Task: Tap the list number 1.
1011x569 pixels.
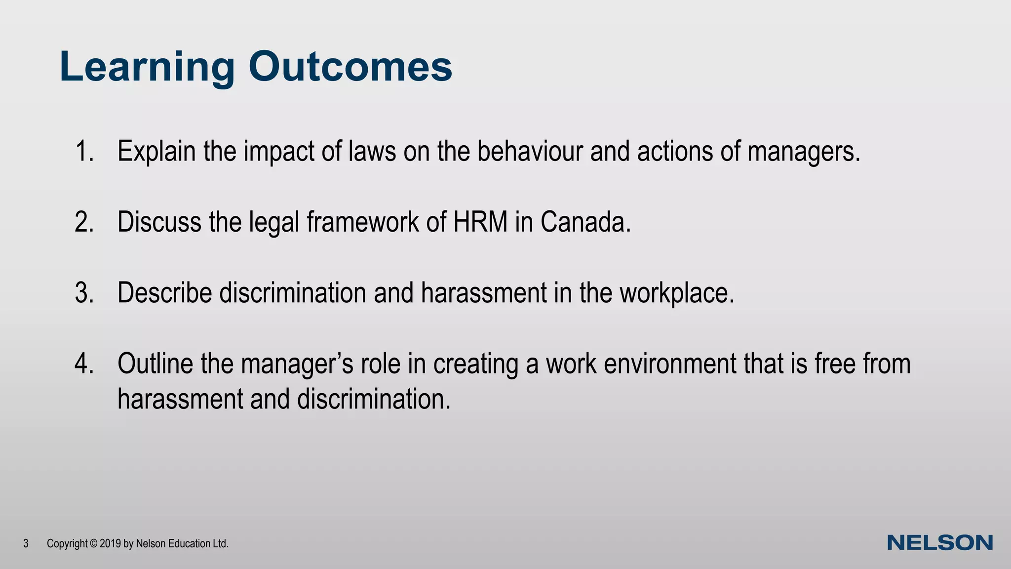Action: pos(84,151)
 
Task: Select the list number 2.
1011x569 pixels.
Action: pos(84,222)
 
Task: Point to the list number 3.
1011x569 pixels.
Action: pos(84,292)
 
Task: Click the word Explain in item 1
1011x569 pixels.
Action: pos(156,151)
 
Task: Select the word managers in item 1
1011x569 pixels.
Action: pos(803,152)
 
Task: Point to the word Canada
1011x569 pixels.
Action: pos(585,222)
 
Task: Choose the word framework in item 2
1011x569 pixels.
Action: pos(362,222)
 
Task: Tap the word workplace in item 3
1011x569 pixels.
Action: pos(677,293)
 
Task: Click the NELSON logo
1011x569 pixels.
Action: pos(940,543)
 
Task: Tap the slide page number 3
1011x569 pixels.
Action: pos(26,544)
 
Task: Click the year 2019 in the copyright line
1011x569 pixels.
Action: pos(110,544)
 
